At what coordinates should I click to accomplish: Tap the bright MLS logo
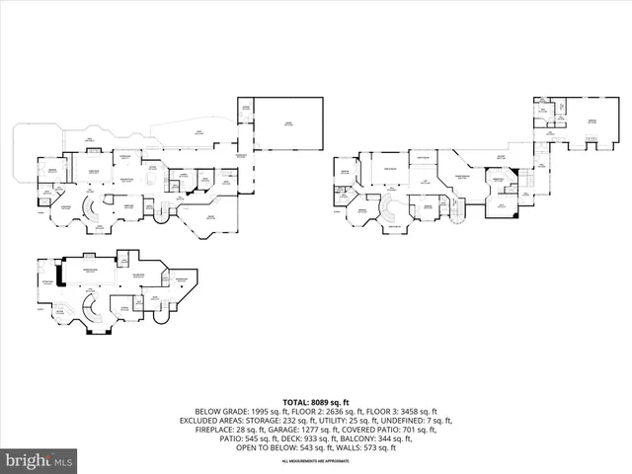pos(39,460)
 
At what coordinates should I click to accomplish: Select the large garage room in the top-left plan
pos(288,123)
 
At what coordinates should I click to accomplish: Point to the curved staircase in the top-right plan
pos(390,208)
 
